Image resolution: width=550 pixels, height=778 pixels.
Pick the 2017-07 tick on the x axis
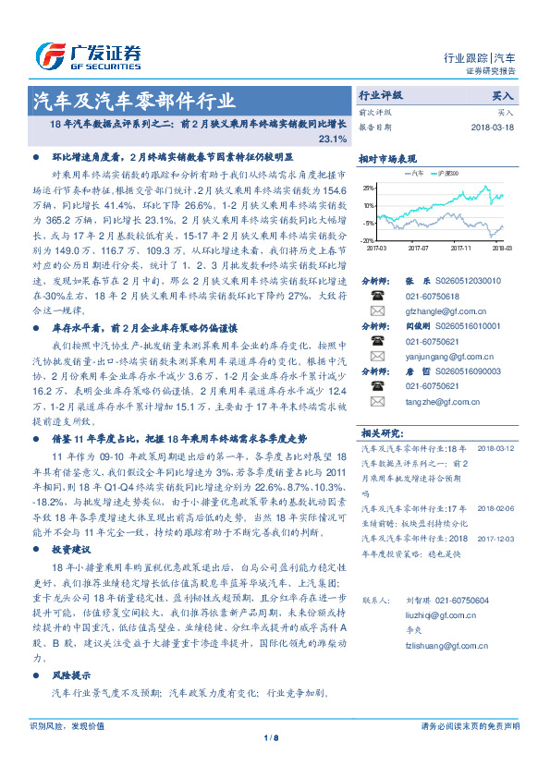click(x=418, y=248)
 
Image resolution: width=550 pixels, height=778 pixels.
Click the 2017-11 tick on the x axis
click(x=460, y=248)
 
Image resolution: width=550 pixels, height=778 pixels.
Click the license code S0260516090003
click(x=479, y=370)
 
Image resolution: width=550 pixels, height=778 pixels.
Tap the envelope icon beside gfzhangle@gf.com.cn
click(x=376, y=311)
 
